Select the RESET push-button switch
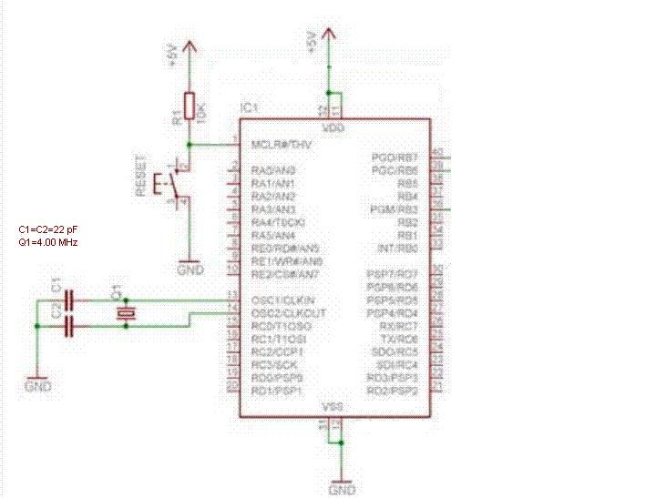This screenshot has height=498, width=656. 171,184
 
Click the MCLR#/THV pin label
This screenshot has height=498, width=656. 282,145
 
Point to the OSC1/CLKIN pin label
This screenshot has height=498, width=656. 282,300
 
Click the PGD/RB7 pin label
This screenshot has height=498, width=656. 395,158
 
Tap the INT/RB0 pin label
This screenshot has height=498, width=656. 397,248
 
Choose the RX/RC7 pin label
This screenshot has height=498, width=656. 398,326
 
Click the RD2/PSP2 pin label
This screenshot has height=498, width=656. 393,391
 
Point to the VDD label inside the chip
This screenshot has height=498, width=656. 334,128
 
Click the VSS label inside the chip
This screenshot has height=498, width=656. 333,407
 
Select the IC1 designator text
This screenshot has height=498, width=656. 248,108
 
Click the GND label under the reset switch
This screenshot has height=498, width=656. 190,270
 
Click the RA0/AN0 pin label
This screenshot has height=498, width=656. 273,170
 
